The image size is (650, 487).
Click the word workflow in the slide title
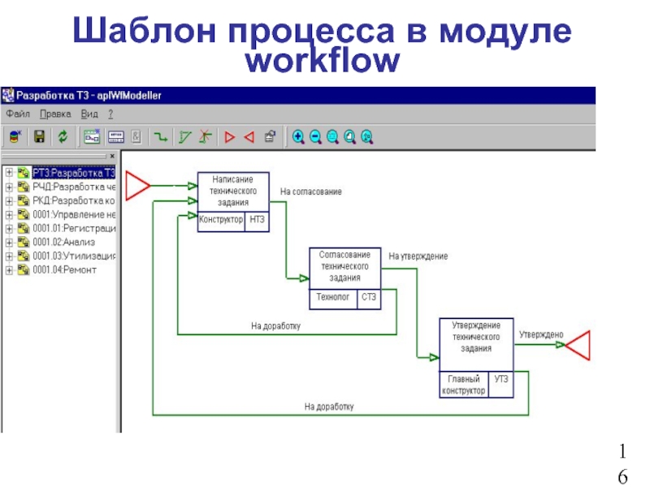coord(323,61)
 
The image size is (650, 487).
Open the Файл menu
coord(18,114)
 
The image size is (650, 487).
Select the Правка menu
coord(56,114)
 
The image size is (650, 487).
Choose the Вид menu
coord(89,114)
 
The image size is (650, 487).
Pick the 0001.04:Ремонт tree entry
coord(64,269)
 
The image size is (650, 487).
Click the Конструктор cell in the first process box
coord(221,220)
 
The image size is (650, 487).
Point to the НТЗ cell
coord(257,220)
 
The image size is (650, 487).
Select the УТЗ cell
coord(502,379)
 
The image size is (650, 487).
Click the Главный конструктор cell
coord(464,384)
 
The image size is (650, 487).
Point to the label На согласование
coord(311,192)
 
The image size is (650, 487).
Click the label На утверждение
coord(418,256)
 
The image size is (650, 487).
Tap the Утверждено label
coord(541,334)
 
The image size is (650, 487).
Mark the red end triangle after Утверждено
coord(578,347)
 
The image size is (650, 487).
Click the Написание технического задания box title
coord(232,191)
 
